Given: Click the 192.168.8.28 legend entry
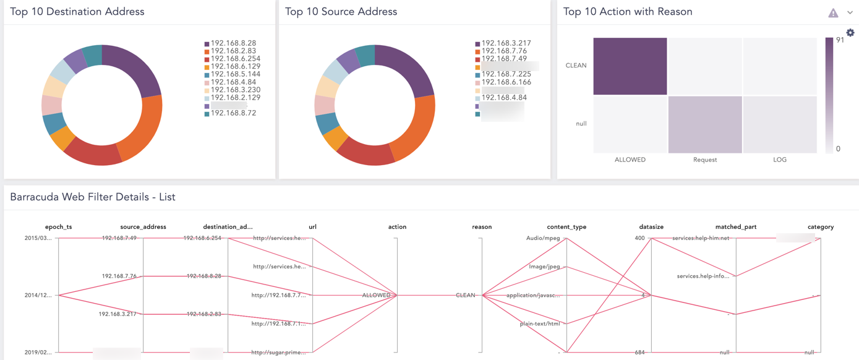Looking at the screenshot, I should tap(233, 43).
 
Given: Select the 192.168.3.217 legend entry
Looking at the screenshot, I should tap(505, 43).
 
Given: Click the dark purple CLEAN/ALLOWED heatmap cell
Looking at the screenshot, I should tap(630, 66).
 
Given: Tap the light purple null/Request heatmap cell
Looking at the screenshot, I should tap(704, 124).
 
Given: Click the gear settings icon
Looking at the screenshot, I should tap(850, 33).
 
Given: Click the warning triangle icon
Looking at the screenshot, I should tap(833, 13).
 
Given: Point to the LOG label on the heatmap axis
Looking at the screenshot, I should tap(779, 160).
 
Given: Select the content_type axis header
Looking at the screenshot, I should tap(566, 227).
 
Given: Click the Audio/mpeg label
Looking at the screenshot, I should tap(543, 238).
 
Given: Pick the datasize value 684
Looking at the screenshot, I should tap(639, 353).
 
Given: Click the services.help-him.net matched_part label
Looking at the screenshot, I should tap(701, 238).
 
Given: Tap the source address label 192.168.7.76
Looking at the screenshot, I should tap(119, 276).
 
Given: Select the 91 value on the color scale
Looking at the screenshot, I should tap(840, 40).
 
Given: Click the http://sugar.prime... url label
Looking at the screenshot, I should tap(278, 353).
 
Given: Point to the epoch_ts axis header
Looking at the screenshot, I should tap(58, 227).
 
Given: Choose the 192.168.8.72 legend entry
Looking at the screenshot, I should tap(233, 113).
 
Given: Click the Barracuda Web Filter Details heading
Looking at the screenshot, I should tap(93, 197).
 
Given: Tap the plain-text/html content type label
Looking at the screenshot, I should tap(540, 324).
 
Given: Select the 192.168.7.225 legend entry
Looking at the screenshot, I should tap(505, 74).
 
